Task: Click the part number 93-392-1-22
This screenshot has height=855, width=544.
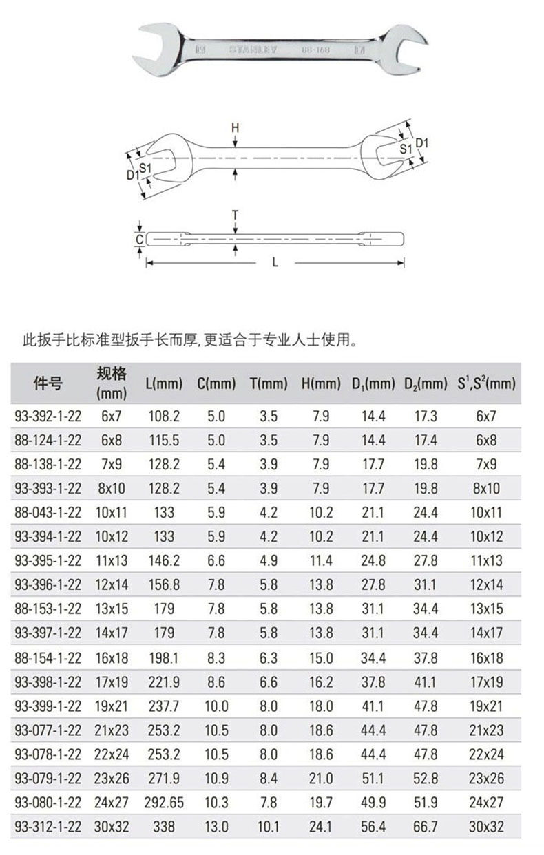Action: click(48, 416)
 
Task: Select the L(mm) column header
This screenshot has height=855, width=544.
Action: click(164, 383)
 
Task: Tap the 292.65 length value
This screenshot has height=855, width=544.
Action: click(164, 803)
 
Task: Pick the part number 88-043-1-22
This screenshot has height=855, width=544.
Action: click(48, 513)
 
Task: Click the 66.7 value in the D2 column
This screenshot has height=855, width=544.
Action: click(426, 827)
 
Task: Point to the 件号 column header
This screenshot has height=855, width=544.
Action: click(48, 383)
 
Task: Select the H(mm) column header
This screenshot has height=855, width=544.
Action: click(321, 383)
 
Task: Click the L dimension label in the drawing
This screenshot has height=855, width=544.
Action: click(275, 262)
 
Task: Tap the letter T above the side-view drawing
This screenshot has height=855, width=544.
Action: click(236, 215)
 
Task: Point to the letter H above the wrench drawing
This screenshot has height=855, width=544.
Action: click(236, 128)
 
